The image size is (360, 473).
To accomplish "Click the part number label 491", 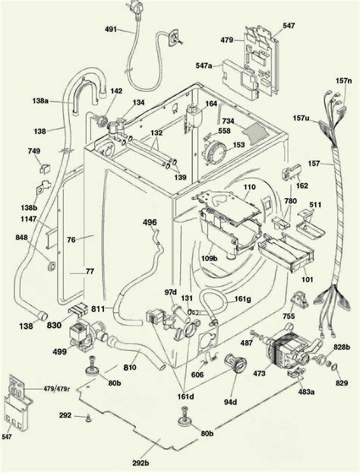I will [110, 30].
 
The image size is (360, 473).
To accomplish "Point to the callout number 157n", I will [344, 80].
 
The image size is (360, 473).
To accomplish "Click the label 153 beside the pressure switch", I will [238, 145].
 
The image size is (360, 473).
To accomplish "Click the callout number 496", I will [150, 222].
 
